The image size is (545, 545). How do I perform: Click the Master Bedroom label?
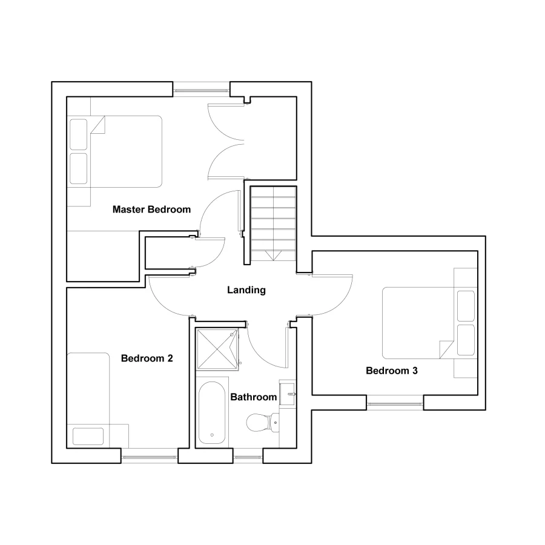point(151,210)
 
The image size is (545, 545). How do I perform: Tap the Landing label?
point(246,290)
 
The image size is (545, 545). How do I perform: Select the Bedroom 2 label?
point(147,358)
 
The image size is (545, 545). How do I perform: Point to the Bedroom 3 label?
point(392,371)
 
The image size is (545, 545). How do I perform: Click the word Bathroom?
point(254,397)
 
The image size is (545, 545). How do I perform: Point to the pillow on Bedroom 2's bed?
point(88,436)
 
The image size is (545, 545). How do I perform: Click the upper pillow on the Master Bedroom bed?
point(79,134)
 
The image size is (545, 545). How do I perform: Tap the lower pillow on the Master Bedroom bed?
point(79,168)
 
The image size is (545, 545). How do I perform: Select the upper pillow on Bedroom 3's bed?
point(466,306)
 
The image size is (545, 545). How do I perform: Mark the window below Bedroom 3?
point(395,402)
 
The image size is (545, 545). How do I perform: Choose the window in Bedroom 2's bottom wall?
point(150,456)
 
